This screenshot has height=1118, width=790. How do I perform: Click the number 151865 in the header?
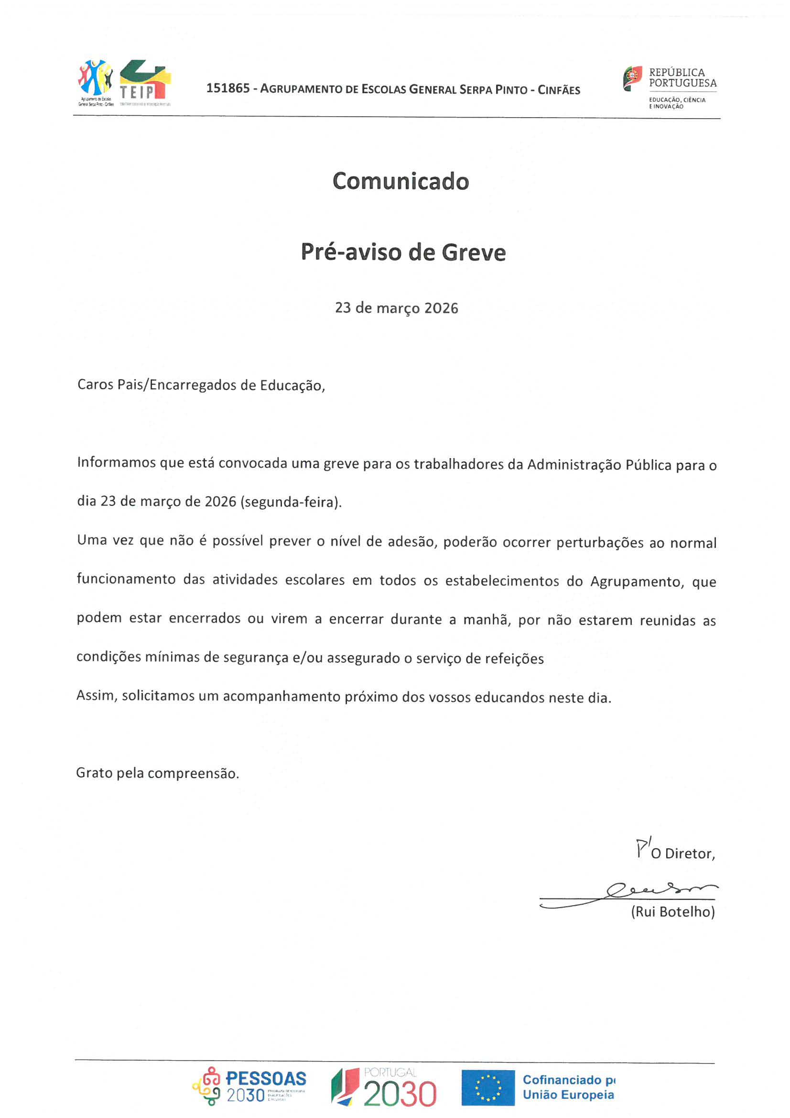pyautogui.click(x=228, y=88)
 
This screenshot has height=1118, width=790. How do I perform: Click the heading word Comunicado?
pyautogui.click(x=400, y=182)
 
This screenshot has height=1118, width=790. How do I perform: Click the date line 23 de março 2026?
pyautogui.click(x=396, y=308)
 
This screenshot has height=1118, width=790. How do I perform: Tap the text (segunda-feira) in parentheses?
pyautogui.click(x=291, y=502)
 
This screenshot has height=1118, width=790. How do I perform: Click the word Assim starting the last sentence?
pyautogui.click(x=97, y=696)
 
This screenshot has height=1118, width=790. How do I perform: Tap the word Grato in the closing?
pyautogui.click(x=94, y=773)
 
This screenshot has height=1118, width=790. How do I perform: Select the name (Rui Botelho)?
pyautogui.click(x=673, y=911)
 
